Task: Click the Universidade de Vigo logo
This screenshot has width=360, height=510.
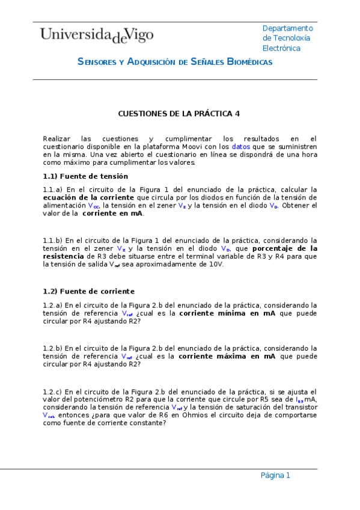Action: pyautogui.click(x=97, y=35)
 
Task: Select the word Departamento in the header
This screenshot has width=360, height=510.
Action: pyautogui.click(x=288, y=28)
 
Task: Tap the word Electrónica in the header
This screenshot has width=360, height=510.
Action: pyautogui.click(x=281, y=48)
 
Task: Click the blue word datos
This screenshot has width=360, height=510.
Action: pyautogui.click(x=241, y=146)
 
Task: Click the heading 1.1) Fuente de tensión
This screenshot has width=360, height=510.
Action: pyautogui.click(x=85, y=176)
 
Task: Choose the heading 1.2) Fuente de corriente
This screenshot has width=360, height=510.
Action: pyautogui.click(x=88, y=291)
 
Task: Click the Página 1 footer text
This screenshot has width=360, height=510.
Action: pyautogui.click(x=275, y=475)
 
